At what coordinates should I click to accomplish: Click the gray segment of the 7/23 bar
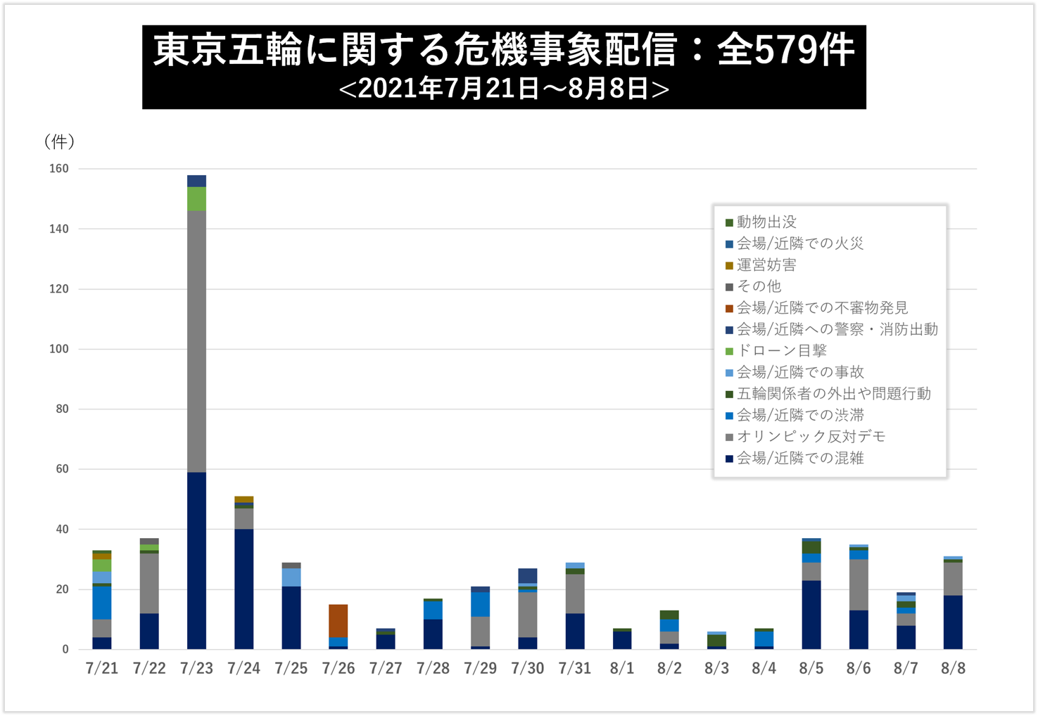(196, 341)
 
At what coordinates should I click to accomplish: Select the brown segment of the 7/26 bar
(338, 620)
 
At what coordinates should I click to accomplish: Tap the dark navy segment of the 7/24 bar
(243, 589)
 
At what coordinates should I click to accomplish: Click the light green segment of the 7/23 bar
(196, 198)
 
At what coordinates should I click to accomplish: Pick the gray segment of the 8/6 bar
(859, 584)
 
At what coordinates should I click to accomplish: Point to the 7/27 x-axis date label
(386, 668)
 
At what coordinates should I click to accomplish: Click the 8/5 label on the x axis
(811, 668)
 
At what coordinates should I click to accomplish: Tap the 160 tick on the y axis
(59, 169)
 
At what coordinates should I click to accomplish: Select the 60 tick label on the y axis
(62, 469)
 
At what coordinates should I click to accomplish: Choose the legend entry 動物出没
(766, 222)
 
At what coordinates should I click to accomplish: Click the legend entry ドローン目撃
(781, 351)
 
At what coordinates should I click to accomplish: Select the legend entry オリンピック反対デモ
(811, 437)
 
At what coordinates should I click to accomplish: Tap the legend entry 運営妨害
(766, 265)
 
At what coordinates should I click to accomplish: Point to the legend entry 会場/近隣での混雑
(800, 459)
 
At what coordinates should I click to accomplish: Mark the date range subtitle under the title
(504, 89)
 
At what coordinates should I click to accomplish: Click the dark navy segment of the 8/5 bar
(811, 614)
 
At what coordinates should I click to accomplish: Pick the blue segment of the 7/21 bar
(102, 603)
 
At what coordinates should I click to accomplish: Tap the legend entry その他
(759, 286)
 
